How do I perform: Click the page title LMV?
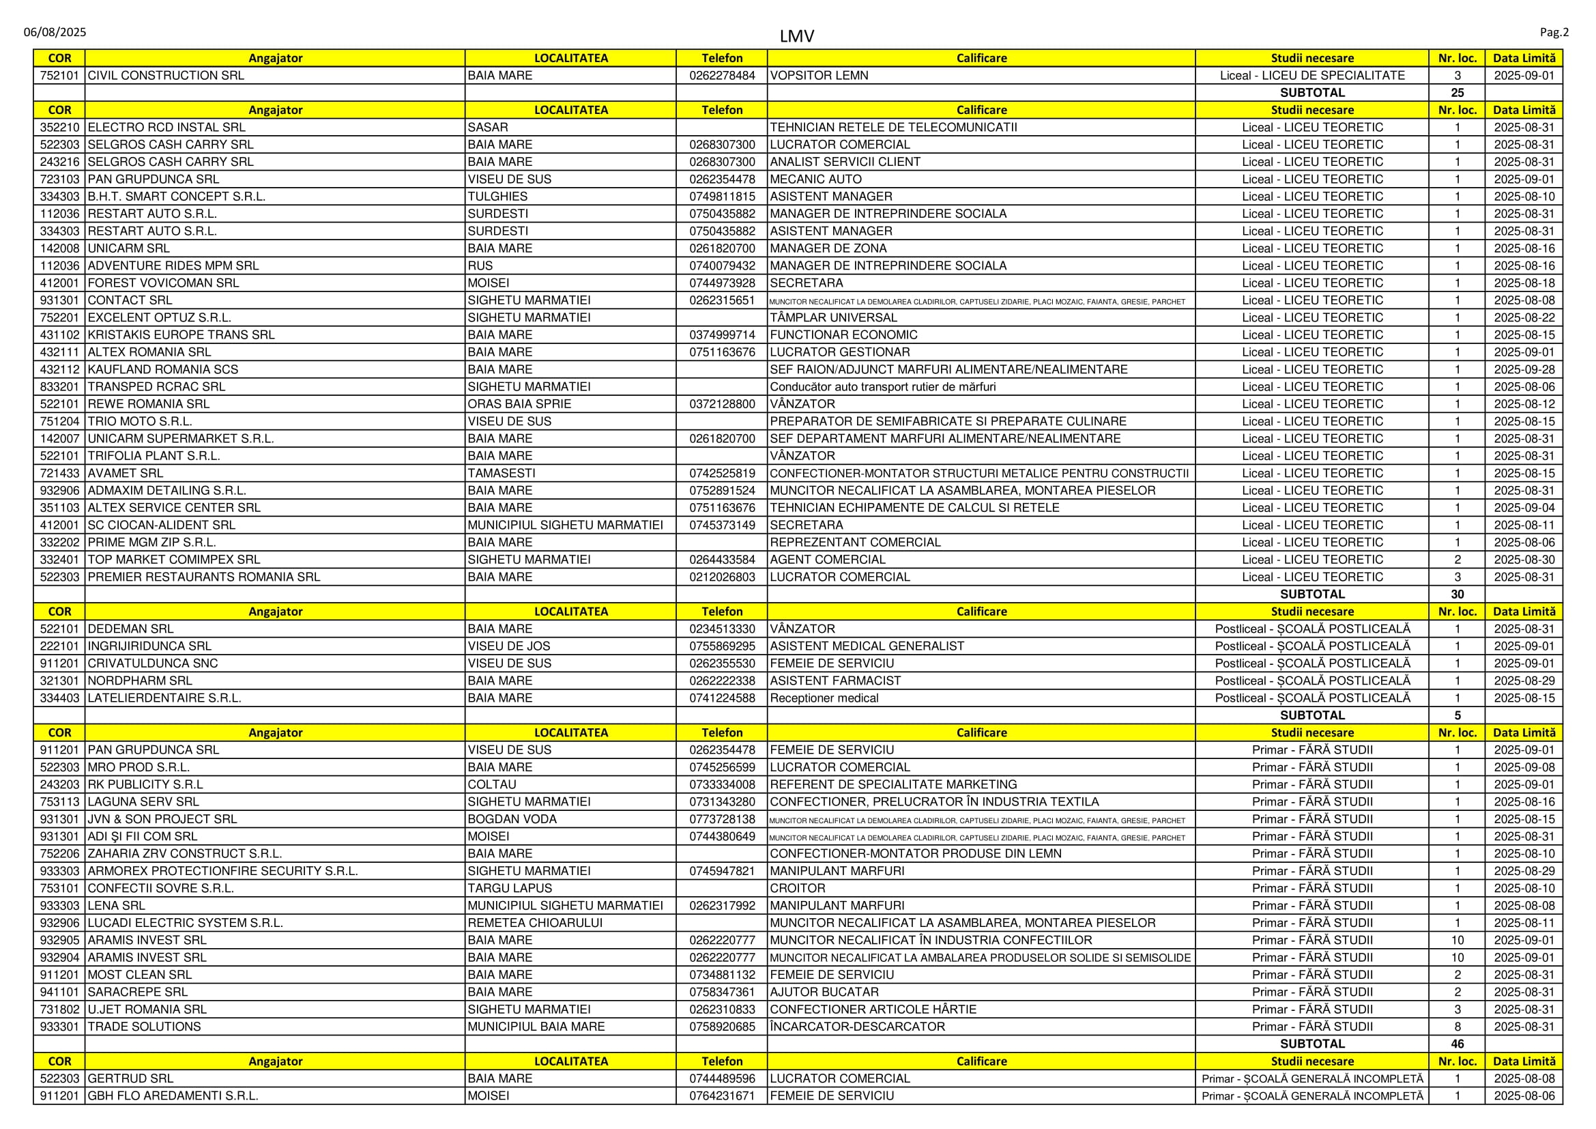796,36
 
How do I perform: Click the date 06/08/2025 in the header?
55,32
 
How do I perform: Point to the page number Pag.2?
1554,32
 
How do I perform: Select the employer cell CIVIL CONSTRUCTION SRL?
166,76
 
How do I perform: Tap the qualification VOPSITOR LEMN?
819,76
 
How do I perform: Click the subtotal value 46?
1457,1044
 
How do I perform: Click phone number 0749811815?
721,197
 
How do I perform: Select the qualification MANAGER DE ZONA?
828,249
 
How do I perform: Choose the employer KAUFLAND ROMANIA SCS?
162,370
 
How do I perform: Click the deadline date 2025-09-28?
1524,370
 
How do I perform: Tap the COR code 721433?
60,474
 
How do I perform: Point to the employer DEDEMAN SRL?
131,629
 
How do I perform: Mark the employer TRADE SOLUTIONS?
145,1027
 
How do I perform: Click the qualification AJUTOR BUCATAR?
824,992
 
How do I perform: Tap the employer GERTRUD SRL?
131,1079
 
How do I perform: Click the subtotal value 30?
1457,595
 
